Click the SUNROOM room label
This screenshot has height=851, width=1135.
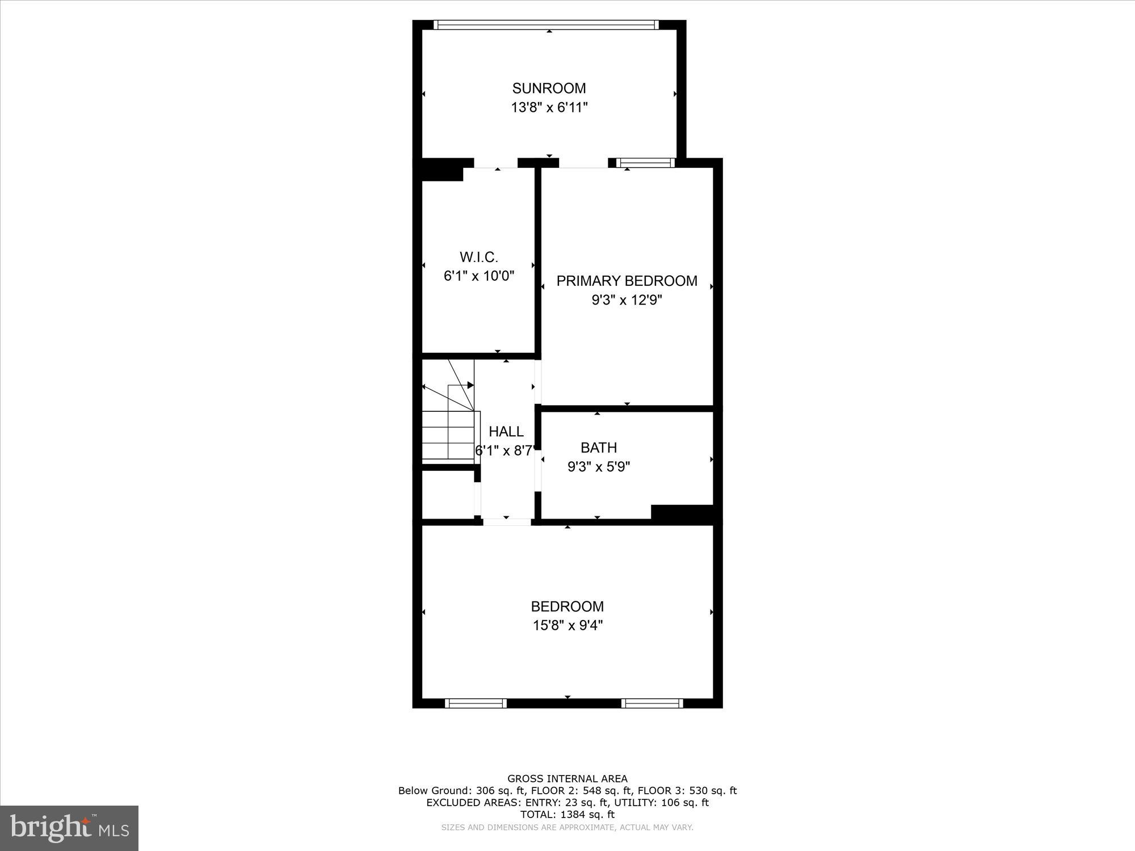[x=549, y=89]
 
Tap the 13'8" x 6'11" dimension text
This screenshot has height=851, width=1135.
[x=549, y=107]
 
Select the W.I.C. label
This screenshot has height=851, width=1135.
[x=479, y=258]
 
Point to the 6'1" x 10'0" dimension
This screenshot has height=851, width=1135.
[x=479, y=276]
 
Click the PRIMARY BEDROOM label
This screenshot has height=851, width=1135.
[x=627, y=281]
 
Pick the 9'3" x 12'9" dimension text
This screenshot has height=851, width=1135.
[x=627, y=300]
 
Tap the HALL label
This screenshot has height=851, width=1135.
[x=506, y=432]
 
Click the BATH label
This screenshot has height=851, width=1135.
[x=599, y=448]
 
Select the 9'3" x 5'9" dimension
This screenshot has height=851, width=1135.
[x=599, y=467]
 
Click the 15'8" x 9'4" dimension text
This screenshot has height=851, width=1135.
[x=567, y=625]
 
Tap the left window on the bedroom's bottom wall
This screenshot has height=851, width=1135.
[x=476, y=703]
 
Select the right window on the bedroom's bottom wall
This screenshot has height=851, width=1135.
[x=651, y=703]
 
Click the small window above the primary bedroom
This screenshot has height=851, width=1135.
[x=645, y=163]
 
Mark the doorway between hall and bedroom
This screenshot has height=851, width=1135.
[x=507, y=522]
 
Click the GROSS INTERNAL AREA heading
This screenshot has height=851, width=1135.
[x=567, y=779]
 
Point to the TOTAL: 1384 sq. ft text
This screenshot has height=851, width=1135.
[x=567, y=815]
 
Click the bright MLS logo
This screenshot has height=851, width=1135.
[x=69, y=828]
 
